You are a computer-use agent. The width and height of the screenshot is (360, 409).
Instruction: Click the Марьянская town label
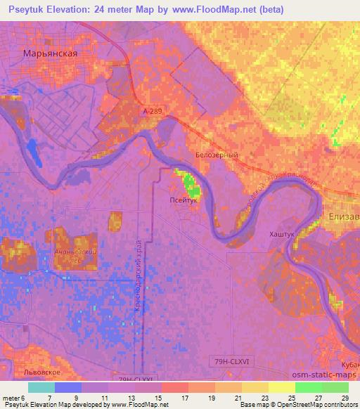click(x=49, y=52)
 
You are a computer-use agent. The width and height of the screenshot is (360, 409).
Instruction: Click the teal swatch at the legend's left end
click(x=41, y=387)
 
